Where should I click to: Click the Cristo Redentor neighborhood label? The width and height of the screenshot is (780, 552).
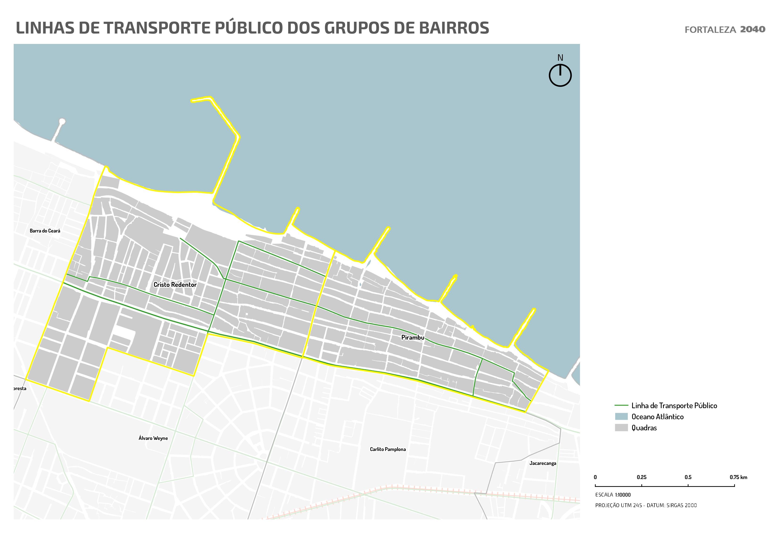tap(175, 285)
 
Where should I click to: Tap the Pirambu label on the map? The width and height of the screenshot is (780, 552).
tap(413, 337)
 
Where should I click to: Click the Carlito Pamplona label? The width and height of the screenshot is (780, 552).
tap(388, 449)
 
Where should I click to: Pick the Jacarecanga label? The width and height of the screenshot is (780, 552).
tap(542, 463)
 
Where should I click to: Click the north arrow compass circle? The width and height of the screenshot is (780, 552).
tap(560, 76)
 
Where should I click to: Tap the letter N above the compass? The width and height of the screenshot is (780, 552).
tap(560, 58)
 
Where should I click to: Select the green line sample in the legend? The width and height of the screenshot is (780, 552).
tap(621, 405)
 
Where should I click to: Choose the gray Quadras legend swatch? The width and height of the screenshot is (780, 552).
tap(621, 428)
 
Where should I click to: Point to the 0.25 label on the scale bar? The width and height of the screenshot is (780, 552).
tap(641, 477)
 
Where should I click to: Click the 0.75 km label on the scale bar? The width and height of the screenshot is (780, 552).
tap(738, 477)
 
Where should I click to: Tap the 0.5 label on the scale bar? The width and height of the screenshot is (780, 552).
tap(688, 477)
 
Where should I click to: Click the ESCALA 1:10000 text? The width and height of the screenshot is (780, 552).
tap(613, 495)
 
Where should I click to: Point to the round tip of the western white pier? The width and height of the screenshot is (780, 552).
tap(62, 121)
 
